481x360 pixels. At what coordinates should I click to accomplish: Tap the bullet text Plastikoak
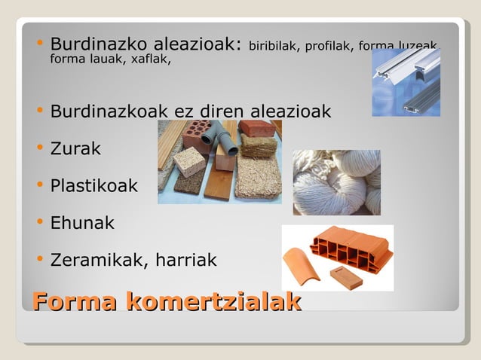pyautogui.click(x=93, y=185)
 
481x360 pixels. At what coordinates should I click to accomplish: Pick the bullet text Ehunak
pyautogui.click(x=82, y=223)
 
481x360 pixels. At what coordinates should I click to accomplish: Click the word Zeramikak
pyautogui.click(x=98, y=261)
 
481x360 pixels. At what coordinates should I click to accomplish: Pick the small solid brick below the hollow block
pyautogui.click(x=346, y=276)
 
